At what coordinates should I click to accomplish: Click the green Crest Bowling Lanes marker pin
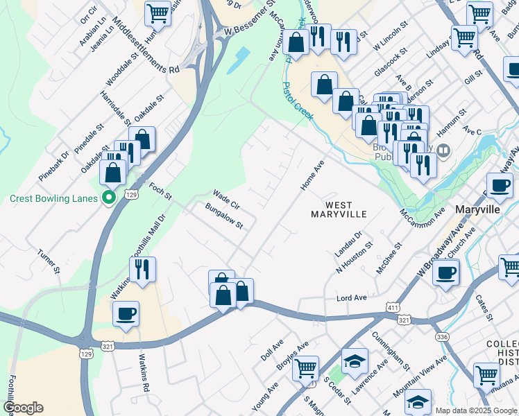point(108,198)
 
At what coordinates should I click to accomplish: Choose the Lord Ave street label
point(351,297)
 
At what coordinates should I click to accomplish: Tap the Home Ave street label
point(312,176)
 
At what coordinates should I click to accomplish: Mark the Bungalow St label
point(224,216)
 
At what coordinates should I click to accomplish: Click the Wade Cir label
point(226,200)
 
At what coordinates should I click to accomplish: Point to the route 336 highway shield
point(442,337)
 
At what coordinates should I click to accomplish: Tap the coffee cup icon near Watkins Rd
point(126,313)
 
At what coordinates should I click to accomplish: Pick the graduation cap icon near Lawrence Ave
point(355,361)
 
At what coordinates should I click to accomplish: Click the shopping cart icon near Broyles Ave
point(305,369)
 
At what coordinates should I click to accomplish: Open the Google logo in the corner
point(23,408)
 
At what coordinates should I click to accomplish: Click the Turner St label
point(50,259)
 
